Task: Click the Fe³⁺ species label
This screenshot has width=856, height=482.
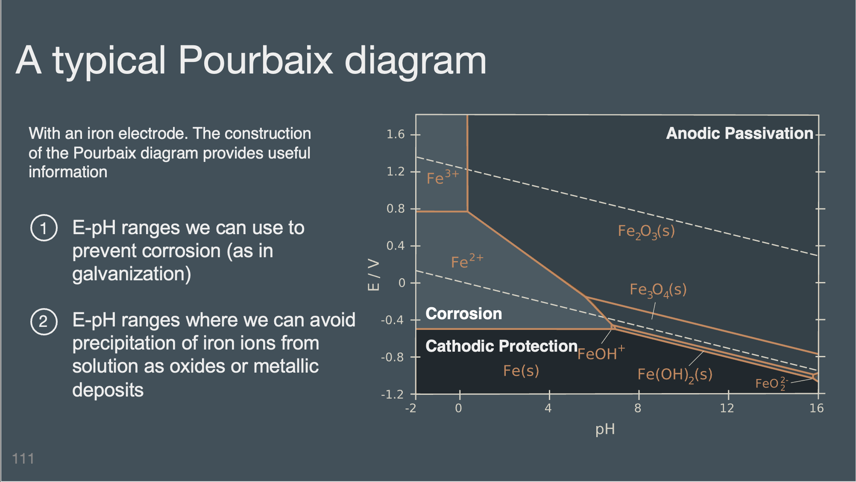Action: tap(443, 177)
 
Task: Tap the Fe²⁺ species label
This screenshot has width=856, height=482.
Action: tap(467, 261)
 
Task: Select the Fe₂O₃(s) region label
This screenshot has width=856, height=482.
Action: tap(646, 232)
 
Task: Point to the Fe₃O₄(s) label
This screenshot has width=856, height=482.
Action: tap(658, 290)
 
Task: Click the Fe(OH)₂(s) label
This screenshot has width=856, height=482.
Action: tap(675, 375)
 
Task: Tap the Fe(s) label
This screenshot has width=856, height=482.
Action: tap(521, 370)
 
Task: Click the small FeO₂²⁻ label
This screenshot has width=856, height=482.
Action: tap(771, 383)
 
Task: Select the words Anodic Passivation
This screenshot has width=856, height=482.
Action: tap(740, 133)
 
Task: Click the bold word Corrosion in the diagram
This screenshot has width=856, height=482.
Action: tap(464, 314)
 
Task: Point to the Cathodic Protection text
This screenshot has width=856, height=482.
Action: tap(501, 346)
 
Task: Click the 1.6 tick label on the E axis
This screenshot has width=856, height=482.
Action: tap(396, 135)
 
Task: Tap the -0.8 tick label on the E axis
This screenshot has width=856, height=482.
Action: tap(393, 357)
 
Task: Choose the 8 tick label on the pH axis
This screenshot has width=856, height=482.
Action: tap(638, 409)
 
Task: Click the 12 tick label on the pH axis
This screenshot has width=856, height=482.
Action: tap(727, 409)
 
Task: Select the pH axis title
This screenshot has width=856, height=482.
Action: tap(605, 429)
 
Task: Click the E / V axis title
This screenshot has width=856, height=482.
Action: tap(373, 275)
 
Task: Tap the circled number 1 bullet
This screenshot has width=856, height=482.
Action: tap(44, 228)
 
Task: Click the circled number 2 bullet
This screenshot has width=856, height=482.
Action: tap(44, 321)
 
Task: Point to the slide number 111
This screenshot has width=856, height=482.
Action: tap(23, 458)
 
